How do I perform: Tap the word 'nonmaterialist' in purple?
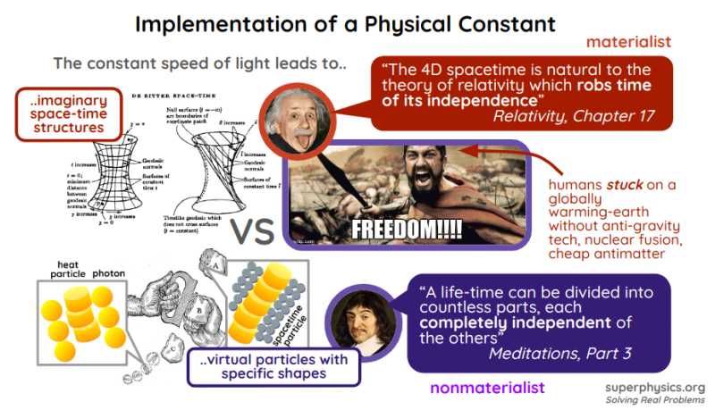pyautogui.click(x=487, y=388)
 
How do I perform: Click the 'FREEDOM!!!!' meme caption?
pyautogui.click(x=407, y=227)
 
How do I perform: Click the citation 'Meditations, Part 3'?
pyautogui.click(x=560, y=353)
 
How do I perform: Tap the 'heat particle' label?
pyautogui.click(x=70, y=271)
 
